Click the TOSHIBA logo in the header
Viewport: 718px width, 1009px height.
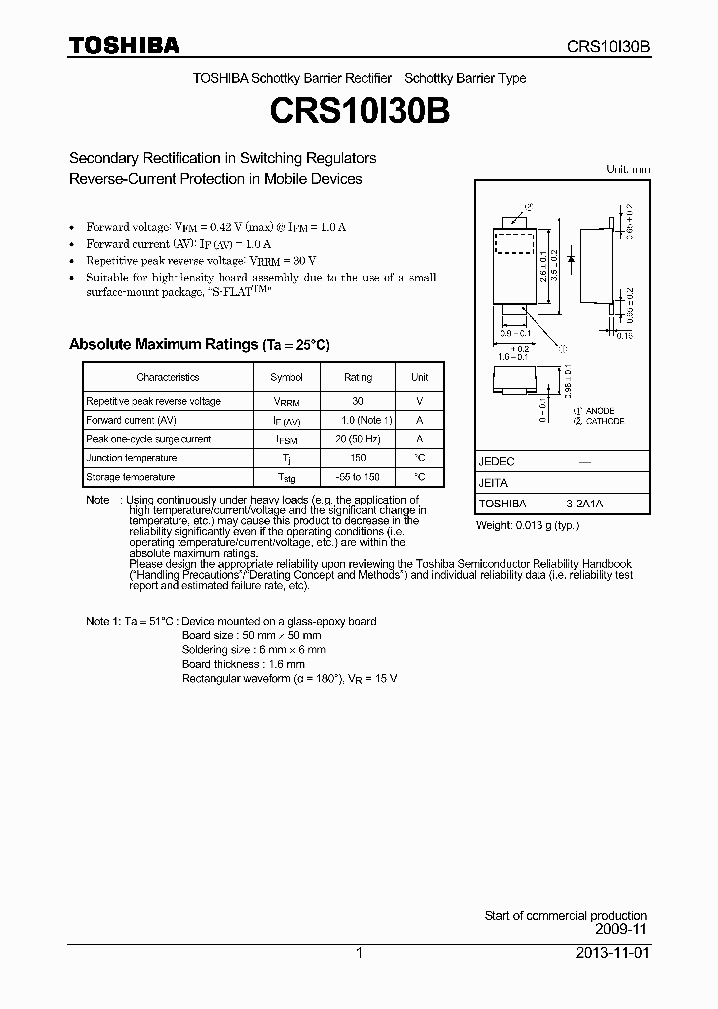tap(124, 45)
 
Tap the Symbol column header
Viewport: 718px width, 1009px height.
tap(286, 377)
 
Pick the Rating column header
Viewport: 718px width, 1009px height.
tap(358, 377)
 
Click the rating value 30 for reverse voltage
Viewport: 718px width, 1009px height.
tap(358, 401)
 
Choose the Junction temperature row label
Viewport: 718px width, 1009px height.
tap(131, 458)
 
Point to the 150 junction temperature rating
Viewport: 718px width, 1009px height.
tap(358, 458)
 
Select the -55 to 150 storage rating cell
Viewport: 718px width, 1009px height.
tap(358, 477)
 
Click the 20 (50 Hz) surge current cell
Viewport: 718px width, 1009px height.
tap(358, 439)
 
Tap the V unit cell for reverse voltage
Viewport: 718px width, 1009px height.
tap(419, 401)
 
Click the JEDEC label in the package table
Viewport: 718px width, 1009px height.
tap(496, 462)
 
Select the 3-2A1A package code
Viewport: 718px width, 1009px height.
tap(584, 504)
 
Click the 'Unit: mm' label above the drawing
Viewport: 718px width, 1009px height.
tap(628, 169)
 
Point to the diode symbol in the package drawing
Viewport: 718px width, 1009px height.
tap(570, 258)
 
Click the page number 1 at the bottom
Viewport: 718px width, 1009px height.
tap(359, 953)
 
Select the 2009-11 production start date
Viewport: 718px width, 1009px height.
tap(622, 929)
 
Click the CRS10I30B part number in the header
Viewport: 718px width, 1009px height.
tap(608, 46)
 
